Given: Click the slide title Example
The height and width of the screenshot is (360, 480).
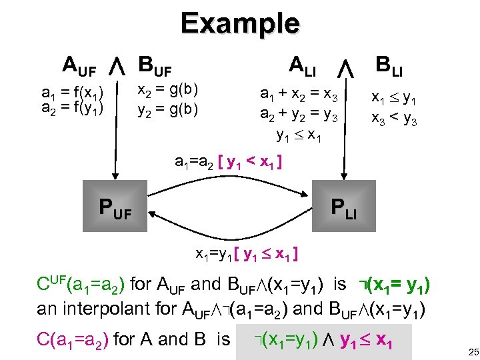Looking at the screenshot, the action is tap(240, 24).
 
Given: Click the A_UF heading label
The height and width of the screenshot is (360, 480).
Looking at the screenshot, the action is tap(79, 66).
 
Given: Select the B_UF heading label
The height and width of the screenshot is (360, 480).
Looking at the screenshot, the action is tap(155, 66).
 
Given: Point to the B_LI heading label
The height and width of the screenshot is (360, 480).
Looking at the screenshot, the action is tap(393, 66).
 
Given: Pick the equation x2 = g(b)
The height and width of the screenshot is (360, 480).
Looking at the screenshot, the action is tap(167, 90).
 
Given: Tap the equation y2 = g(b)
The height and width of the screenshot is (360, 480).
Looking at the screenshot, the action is tap(167, 108).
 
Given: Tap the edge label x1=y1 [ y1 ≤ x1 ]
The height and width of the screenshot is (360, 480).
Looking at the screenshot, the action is tap(246, 254).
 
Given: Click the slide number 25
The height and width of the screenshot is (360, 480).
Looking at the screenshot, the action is tap(465, 351).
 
